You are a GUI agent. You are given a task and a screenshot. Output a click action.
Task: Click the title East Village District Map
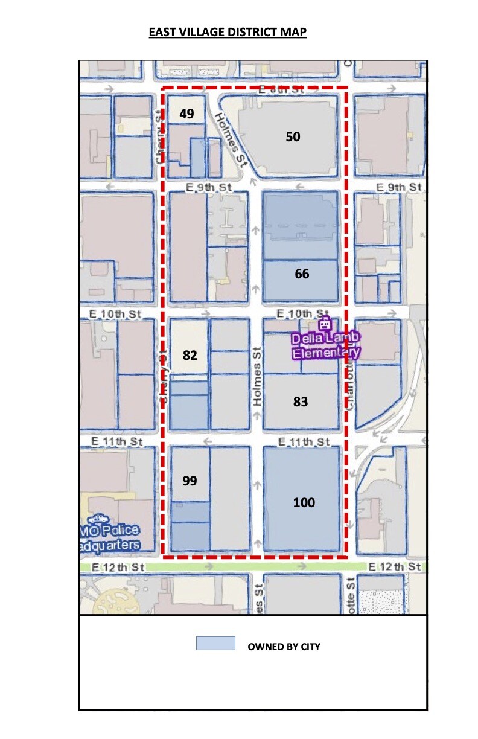[228, 32]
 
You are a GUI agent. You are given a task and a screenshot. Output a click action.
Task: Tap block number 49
[186, 114]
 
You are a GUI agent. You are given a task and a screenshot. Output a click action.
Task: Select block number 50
[293, 137]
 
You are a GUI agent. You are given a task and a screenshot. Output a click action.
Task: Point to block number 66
[302, 274]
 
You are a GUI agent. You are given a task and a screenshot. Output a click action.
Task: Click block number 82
[190, 355]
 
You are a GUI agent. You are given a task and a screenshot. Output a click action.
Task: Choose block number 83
[301, 401]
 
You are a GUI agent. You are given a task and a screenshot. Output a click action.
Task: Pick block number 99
[190, 481]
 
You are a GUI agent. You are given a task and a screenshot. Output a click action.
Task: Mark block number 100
[304, 502]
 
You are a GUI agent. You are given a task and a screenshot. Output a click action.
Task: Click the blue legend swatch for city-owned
[215, 643]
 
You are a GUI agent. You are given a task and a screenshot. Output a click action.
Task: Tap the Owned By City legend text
[284, 647]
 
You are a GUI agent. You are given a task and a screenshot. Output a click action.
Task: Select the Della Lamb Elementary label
[326, 345]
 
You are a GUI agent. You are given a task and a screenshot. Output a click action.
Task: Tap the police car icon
[98, 518]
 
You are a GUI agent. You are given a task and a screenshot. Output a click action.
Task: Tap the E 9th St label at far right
[398, 187]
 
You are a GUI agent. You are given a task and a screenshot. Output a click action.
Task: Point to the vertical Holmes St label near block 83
[257, 376]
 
